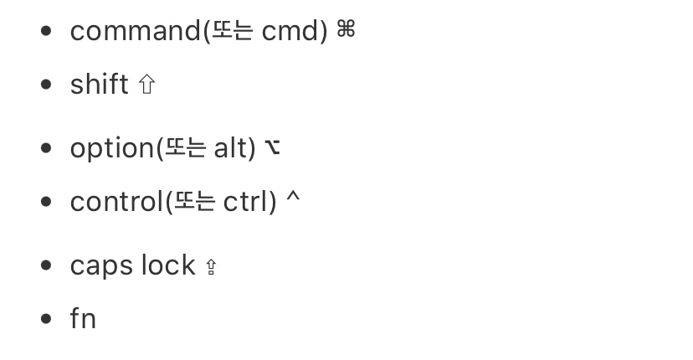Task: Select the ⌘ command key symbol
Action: [x=346, y=31]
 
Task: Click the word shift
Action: [x=99, y=85]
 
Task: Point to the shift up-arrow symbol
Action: [x=146, y=85]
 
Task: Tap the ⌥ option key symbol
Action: [x=272, y=148]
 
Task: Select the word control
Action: [x=116, y=202]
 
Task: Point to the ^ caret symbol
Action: [x=292, y=200]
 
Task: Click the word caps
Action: [x=101, y=265]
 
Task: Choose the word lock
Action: [x=167, y=265]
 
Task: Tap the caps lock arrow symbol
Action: [x=211, y=267]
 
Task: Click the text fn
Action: [x=83, y=319]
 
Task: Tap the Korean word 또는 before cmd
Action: [x=233, y=32]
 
